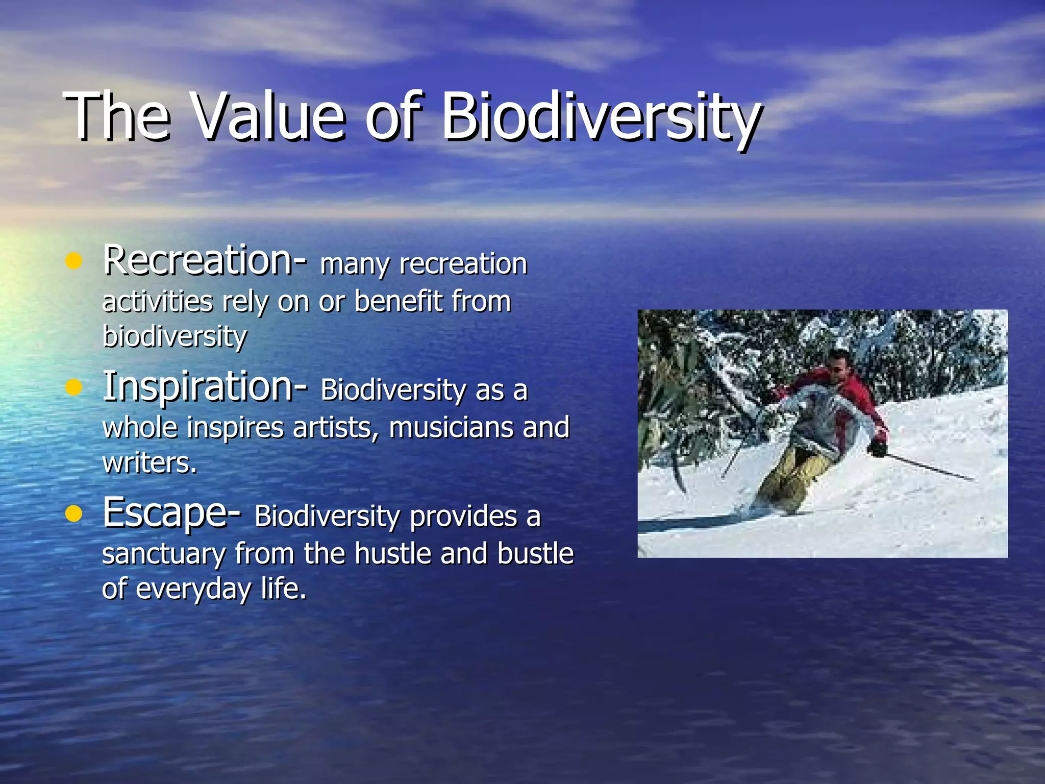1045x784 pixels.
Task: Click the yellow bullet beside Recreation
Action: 74,262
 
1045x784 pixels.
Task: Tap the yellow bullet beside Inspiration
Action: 74,388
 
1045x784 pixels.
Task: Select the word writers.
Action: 149,463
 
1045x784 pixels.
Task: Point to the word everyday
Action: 193,590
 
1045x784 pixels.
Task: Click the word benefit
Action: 398,301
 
